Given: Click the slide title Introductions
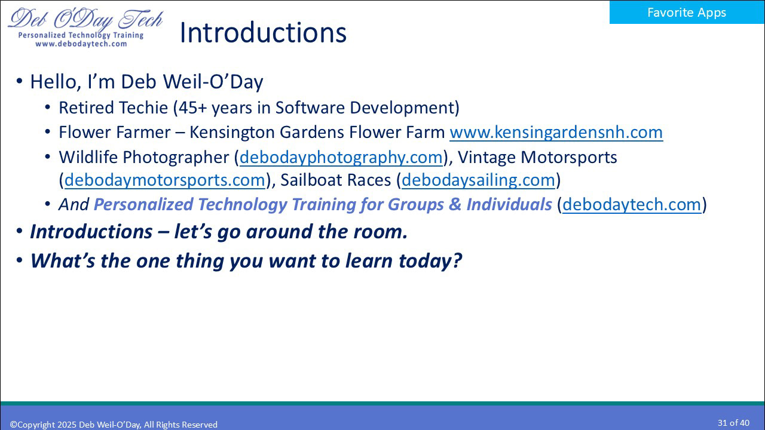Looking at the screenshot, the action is coord(262,33).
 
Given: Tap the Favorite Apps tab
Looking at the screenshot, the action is coord(687,13).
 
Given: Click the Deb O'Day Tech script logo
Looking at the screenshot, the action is coord(85,20).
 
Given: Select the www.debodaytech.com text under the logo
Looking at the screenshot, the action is coord(81,44).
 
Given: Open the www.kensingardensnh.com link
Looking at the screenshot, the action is coord(556,132).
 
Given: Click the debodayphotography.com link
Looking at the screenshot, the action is coord(341,157).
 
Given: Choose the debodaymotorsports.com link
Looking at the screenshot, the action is coord(164,180).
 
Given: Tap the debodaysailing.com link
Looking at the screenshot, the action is coord(479,180).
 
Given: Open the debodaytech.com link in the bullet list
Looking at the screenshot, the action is coord(632,204).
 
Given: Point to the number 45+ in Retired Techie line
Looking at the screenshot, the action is coord(192,108).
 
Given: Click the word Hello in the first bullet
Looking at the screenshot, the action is coord(56,82).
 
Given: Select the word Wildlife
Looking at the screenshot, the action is coord(88,157).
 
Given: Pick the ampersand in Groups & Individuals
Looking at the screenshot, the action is coord(455,204).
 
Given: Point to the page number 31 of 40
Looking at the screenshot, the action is coord(733,423).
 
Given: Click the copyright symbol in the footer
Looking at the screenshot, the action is coord(13,425).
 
